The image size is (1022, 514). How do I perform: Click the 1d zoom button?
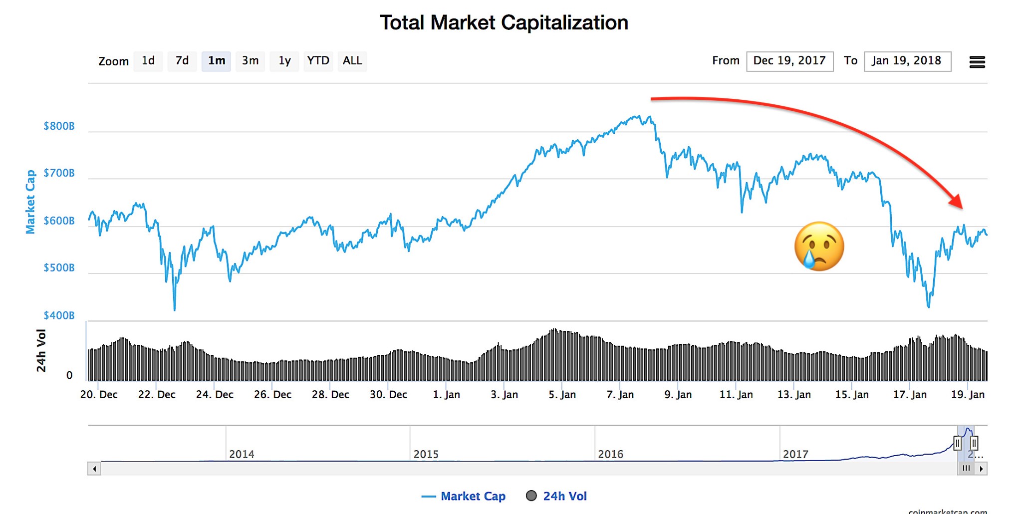[x=148, y=61]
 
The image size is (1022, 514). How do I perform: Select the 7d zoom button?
[x=182, y=61]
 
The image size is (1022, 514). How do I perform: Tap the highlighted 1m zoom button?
[x=216, y=61]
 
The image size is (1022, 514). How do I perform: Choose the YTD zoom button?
[x=318, y=61]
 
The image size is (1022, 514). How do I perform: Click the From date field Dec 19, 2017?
[x=789, y=61]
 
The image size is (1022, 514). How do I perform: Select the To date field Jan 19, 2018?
[x=907, y=61]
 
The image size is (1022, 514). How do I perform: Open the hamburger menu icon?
[x=977, y=62]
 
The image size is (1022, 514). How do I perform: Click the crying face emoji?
[x=819, y=247]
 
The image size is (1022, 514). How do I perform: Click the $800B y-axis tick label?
[x=59, y=126]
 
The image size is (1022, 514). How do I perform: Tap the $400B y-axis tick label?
[x=59, y=315]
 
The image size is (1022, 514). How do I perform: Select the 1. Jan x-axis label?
[x=446, y=395]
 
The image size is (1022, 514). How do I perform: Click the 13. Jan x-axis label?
[x=793, y=395]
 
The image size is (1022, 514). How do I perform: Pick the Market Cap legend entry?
[x=464, y=496]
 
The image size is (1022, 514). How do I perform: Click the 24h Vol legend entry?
[x=557, y=496]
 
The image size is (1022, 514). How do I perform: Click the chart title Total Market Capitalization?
[x=504, y=23]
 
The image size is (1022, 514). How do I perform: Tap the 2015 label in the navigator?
[x=426, y=454]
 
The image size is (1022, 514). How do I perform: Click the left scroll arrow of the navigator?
[x=94, y=469]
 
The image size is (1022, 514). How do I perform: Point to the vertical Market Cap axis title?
[x=30, y=202]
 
